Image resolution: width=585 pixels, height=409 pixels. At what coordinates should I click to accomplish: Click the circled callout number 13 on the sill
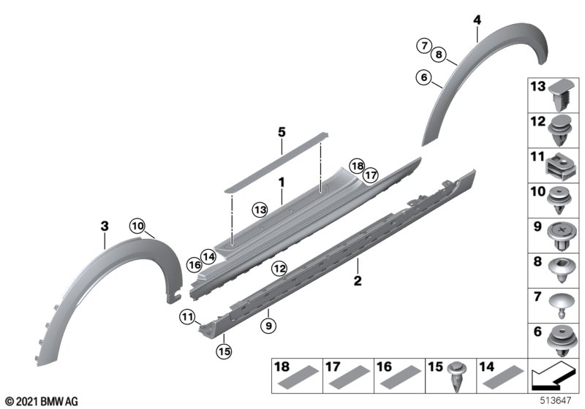(x=260, y=210)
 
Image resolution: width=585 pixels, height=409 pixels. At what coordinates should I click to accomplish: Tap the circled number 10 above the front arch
(x=137, y=226)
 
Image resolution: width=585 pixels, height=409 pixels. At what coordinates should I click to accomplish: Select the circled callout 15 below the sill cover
(x=224, y=351)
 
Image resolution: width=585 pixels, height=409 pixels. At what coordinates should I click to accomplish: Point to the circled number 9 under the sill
(x=268, y=326)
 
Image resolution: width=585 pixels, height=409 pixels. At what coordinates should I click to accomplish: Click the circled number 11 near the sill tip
(x=187, y=317)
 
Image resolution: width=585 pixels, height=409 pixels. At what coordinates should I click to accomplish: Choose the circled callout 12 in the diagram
(x=280, y=269)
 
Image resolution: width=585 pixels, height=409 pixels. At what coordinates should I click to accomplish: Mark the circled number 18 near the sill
(x=357, y=166)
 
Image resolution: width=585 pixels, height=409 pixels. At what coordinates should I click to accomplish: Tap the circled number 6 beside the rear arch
(x=424, y=77)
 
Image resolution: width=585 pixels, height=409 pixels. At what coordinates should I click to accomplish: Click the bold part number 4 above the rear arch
(x=478, y=20)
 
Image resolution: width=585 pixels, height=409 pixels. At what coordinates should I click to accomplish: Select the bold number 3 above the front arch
(x=105, y=226)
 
